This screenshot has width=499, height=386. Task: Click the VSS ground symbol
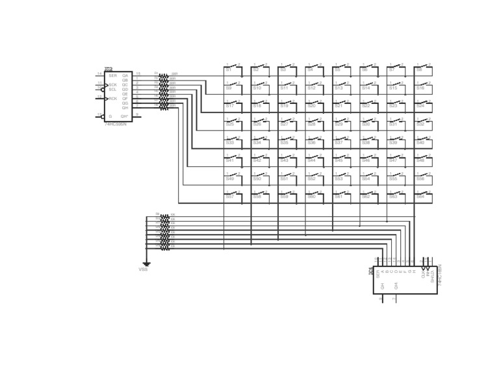(147, 263)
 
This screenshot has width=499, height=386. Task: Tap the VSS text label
(143, 270)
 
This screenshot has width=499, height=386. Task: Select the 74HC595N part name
(116, 124)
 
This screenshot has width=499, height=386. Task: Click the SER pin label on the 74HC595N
(113, 75)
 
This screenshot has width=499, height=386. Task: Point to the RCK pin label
(113, 99)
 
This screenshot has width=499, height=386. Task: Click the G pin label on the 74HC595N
(110, 116)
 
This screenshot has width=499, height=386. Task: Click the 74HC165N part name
(441, 272)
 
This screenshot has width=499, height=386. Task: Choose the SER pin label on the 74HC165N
(377, 274)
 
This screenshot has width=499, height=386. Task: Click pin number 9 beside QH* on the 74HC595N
(136, 114)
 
